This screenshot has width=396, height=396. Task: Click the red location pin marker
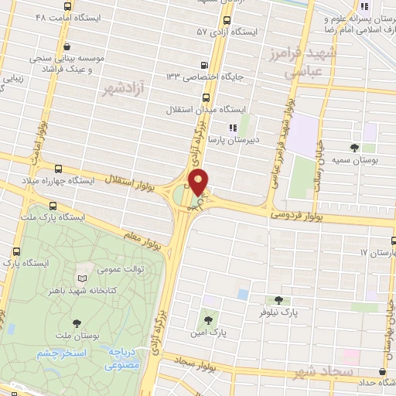click(x=199, y=183)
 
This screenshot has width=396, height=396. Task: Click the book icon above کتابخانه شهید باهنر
click(x=84, y=278)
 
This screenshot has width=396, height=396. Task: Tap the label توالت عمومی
click(x=121, y=270)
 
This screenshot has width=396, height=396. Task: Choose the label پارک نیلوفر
click(x=278, y=312)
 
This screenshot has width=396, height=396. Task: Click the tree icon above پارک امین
click(x=207, y=319)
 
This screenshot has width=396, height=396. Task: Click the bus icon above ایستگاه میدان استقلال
click(x=206, y=97)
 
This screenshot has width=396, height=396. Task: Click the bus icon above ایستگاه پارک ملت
click(x=53, y=206)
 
